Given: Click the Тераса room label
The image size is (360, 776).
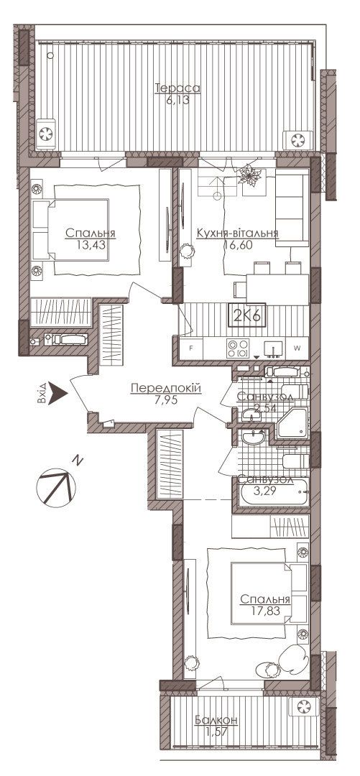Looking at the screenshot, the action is coord(177,88).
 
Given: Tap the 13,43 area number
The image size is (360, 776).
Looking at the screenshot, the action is coord(90,244).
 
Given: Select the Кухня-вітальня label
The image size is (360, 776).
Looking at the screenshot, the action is coord(237,233).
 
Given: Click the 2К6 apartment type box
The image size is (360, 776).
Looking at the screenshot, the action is coord(246,315).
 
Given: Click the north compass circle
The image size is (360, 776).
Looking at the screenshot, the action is coord(56,487).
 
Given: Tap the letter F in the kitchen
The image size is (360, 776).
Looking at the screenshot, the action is coord(192,348).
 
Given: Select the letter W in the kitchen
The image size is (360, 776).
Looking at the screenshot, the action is coord(297,348).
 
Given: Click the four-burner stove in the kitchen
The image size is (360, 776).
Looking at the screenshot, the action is coord(237,348).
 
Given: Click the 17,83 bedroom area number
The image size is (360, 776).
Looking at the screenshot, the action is coord(265,611).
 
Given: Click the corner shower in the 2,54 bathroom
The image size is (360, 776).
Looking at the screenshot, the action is coord(293,423).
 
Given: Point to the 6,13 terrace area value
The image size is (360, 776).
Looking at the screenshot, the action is coord(177,99).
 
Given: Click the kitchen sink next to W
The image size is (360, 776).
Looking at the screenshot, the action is coord(273,348).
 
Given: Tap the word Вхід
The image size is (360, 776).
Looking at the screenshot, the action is coord(43,392).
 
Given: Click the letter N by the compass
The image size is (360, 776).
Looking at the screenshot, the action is coord(78,461).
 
